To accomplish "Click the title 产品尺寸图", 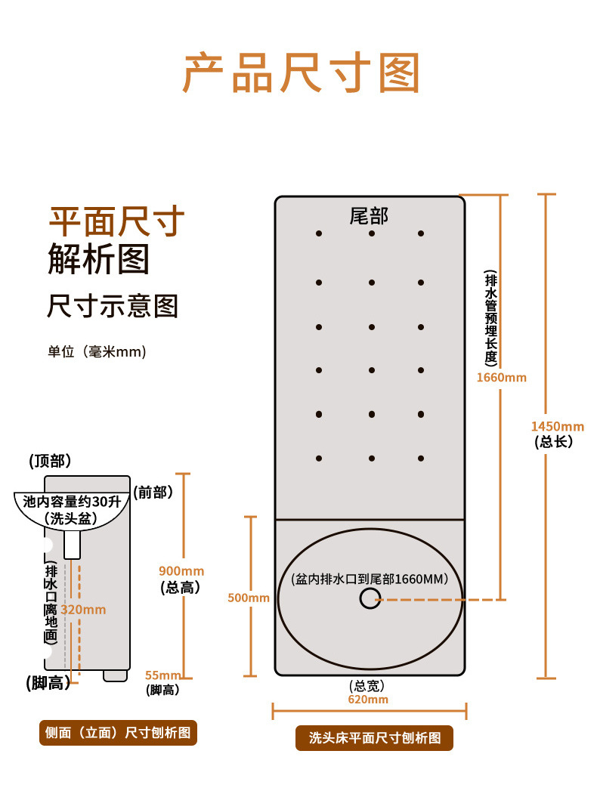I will pos(300,73).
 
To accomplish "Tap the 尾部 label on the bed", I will pos(369,216).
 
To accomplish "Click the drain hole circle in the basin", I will pos(370,599).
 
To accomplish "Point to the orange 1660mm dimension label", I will pos(501,377).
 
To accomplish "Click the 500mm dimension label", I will pos(248,598).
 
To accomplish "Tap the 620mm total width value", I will pos(368,700).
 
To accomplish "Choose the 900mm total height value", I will pos(181,571).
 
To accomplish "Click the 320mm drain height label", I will pos(83,610).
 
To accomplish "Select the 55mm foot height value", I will pos(163,675).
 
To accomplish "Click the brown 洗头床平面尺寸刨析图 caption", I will pos(374,738).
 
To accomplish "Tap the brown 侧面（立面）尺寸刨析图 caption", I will pos(118,732).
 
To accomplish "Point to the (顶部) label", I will pos(50,461).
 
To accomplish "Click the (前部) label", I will pos(153,493).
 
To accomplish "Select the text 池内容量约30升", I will pos(72,501).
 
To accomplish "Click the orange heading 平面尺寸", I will pos(116,221).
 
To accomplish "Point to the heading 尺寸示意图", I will pos(113,306).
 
